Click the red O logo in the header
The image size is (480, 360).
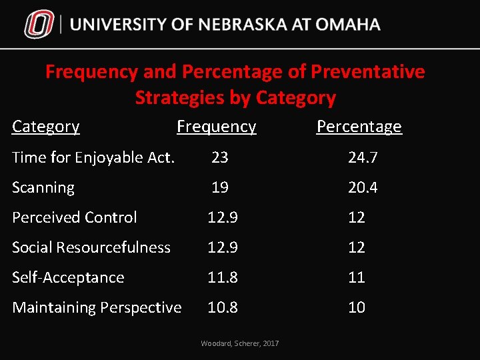coord(39,25)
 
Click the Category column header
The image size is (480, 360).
coord(46,127)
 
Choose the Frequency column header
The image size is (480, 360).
coord(216,127)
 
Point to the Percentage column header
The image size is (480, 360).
coord(359,127)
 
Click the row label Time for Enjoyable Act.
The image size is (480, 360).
coord(93,157)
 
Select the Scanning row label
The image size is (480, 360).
coord(43,187)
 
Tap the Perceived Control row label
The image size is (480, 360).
coord(75,217)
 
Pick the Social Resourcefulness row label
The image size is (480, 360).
coord(91,247)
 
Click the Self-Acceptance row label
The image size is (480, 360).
coord(68,277)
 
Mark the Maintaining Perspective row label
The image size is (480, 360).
coord(97,307)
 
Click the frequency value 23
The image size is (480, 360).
coord(220,157)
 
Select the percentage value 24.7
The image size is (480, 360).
coord(363,157)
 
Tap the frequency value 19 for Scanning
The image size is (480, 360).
coord(220,187)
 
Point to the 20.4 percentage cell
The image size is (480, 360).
coord(363,187)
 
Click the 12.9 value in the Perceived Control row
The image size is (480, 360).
coord(223,217)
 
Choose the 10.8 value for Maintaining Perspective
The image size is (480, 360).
coord(223,307)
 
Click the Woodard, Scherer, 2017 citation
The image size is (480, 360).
coord(240,343)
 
